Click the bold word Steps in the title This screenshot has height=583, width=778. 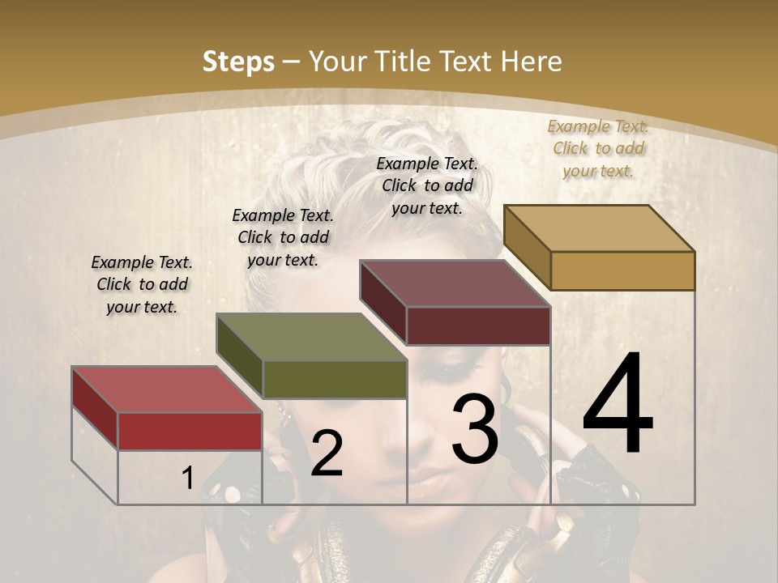(238, 62)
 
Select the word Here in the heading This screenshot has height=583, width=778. (532, 62)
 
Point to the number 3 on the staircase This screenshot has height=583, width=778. (475, 428)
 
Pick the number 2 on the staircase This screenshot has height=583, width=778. (327, 453)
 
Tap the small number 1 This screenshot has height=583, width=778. (187, 478)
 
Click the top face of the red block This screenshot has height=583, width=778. (167, 389)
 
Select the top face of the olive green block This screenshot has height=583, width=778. (311, 337)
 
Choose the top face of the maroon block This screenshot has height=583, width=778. (455, 283)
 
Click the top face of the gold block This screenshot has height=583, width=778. (599, 228)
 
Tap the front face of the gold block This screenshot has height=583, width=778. (622, 270)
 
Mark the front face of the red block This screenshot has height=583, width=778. (190, 431)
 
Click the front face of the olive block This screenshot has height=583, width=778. (335, 379)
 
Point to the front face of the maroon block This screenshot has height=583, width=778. (478, 326)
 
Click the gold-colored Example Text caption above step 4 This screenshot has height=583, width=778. (598, 148)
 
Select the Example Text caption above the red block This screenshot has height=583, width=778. (142, 284)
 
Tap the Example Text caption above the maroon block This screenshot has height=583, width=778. (427, 185)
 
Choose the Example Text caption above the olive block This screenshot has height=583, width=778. (283, 237)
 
